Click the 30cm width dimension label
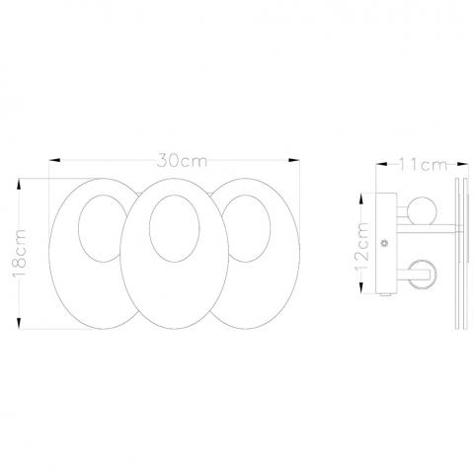[x=182, y=160]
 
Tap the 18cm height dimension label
[x=20, y=254]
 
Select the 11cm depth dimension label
[x=423, y=165]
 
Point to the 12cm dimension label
[x=361, y=246]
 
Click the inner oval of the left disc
[x=79, y=227]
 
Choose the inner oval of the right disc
[x=270, y=227]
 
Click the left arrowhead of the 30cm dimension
[x=54, y=160]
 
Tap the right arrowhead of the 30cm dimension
[x=293, y=160]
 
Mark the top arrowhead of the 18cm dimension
[x=19, y=184]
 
